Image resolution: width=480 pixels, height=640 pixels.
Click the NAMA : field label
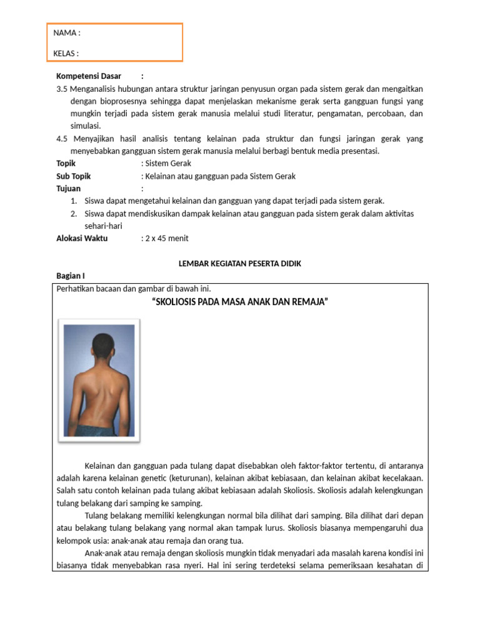tap(66, 33)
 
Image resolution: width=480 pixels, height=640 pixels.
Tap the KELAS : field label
tap(66, 53)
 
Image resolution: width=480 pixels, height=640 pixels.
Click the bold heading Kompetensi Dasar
tap(89, 76)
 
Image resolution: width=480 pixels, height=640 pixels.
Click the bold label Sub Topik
tap(73, 176)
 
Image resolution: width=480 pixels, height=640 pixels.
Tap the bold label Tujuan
tap(68, 188)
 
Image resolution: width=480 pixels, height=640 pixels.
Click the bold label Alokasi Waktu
tap(82, 238)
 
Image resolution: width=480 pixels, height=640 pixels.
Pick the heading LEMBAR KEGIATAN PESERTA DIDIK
tap(240, 264)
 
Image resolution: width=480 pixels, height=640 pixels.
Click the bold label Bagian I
tap(70, 276)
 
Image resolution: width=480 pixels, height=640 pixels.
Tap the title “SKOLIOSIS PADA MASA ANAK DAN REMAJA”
tap(241, 302)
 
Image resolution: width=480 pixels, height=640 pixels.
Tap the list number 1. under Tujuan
tap(73, 201)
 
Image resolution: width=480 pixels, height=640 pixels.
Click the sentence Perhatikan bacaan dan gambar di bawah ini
tap(134, 289)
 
